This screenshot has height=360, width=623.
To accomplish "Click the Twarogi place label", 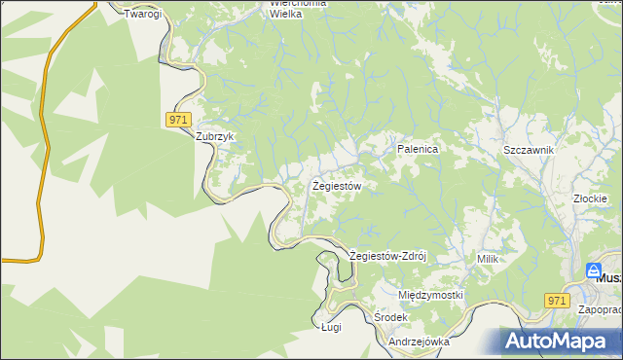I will [x=142, y=15].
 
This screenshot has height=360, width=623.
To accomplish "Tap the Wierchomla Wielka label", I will [x=298, y=9].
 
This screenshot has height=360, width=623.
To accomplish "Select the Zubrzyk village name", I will [x=216, y=137].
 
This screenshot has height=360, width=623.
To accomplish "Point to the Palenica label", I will [x=419, y=149].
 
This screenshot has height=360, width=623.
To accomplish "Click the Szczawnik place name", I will [x=529, y=150].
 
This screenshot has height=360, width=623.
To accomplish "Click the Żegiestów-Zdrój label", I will [x=388, y=256].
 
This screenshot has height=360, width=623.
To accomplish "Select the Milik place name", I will [x=488, y=259].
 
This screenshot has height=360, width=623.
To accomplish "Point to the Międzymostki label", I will [x=431, y=294].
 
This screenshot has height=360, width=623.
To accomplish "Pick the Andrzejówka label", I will [x=419, y=342].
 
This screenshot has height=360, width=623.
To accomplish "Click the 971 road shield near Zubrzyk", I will [x=176, y=119].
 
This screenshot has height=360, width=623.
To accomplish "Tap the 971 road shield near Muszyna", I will [x=556, y=301].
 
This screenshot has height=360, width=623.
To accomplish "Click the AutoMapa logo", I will [x=562, y=341].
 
